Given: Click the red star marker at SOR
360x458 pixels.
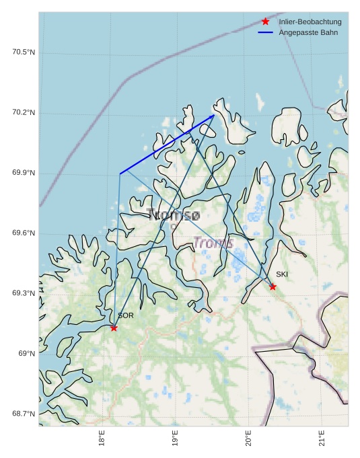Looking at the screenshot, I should [x=114, y=328].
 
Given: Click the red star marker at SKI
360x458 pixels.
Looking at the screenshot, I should [x=273, y=287].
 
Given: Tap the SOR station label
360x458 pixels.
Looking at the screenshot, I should [x=126, y=315].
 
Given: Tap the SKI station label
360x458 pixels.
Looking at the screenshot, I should [x=282, y=274].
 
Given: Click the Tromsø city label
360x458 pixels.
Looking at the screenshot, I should [x=174, y=215].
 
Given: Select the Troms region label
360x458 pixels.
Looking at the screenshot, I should [x=213, y=243].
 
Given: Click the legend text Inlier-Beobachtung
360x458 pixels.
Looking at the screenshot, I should [x=310, y=22].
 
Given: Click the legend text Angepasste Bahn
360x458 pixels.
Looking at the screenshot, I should [x=306, y=33].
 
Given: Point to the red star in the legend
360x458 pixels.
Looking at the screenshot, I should [x=266, y=22].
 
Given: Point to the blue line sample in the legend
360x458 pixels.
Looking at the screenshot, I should [x=266, y=33].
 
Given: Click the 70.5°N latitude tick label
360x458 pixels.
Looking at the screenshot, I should [x=24, y=52].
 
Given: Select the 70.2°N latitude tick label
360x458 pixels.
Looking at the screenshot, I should [x=24, y=112].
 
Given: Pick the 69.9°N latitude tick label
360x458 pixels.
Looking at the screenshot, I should [x=24, y=173].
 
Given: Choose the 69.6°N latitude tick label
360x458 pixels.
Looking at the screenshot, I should [x=24, y=233].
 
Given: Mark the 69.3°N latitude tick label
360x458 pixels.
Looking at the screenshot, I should [x=24, y=293].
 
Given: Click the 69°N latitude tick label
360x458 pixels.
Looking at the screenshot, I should [x=27, y=354].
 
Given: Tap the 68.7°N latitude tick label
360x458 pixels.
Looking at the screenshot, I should [x=24, y=414].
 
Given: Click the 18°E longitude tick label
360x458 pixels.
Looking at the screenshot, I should [x=102, y=438].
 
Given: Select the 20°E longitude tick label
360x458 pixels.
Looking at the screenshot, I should [x=248, y=438].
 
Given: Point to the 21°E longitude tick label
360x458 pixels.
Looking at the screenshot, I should [x=321, y=438].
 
